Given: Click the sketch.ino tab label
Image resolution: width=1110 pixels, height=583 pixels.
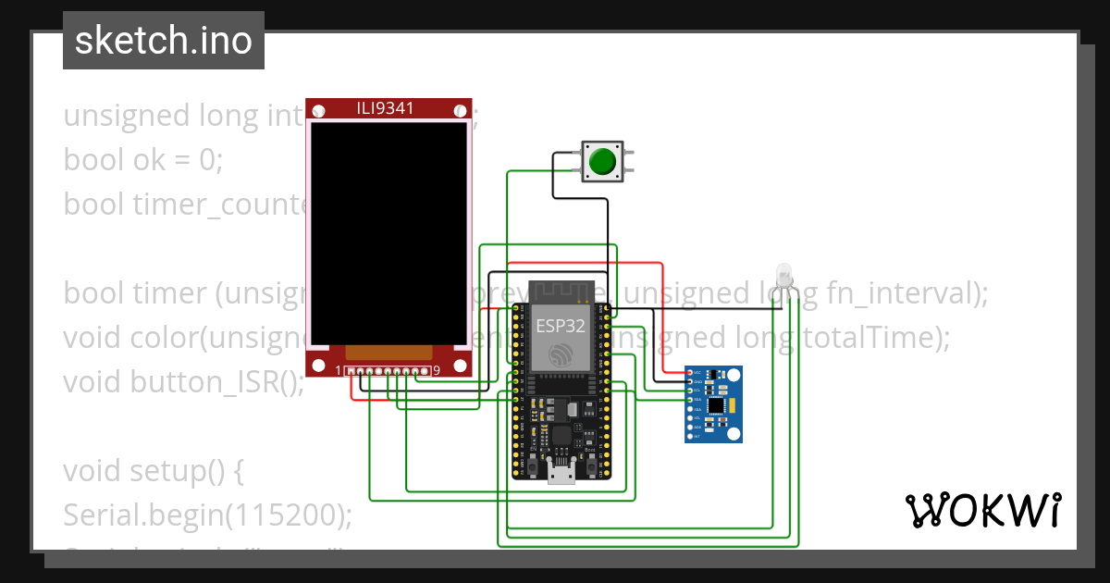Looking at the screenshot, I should (163, 41).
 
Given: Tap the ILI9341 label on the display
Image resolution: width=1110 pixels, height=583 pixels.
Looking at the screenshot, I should (386, 108).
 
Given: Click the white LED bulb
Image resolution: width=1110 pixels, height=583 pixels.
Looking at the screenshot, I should (785, 274).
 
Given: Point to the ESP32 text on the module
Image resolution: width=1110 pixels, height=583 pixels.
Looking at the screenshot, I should (560, 325).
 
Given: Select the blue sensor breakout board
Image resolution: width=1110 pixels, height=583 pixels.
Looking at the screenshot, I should (713, 403).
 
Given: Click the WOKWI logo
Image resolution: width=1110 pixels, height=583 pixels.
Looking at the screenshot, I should (982, 510).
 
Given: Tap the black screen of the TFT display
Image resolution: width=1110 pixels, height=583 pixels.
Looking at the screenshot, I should (387, 231).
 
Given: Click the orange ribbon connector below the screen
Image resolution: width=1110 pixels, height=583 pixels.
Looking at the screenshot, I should (388, 353).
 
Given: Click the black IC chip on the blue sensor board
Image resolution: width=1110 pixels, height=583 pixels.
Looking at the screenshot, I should (716, 405).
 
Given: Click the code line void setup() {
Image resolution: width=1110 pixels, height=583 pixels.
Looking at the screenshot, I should (153, 471).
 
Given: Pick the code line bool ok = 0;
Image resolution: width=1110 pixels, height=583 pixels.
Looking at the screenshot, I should (143, 160).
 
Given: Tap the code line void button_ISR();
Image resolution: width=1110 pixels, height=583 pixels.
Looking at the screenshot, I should (184, 381).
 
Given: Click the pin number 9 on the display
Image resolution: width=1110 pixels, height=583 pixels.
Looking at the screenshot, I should (436, 371).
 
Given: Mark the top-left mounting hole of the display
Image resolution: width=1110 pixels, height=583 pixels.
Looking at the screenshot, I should (319, 111).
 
